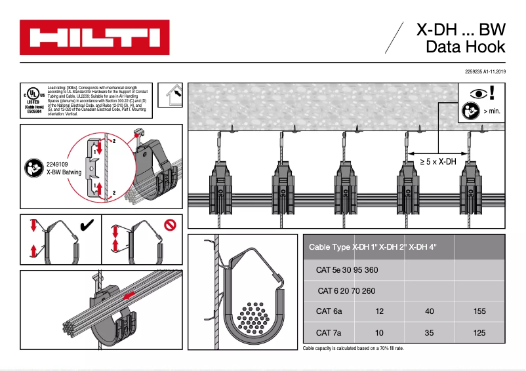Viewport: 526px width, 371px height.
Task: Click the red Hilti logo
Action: point(94,37)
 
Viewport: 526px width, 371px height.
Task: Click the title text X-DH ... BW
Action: point(461,29)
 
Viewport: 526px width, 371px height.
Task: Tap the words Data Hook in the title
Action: point(465,47)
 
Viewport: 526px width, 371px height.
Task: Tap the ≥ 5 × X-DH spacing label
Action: point(437,161)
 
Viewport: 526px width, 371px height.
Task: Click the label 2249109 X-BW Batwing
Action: point(64,169)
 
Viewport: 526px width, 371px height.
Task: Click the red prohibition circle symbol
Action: point(171,226)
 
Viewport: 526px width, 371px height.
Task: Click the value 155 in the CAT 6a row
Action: point(479,311)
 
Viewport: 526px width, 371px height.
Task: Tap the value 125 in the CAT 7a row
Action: point(479,333)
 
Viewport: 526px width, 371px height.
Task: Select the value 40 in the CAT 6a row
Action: point(430,311)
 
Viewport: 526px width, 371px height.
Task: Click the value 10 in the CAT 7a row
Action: point(379,333)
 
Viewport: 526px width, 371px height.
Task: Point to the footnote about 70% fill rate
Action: point(354,348)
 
